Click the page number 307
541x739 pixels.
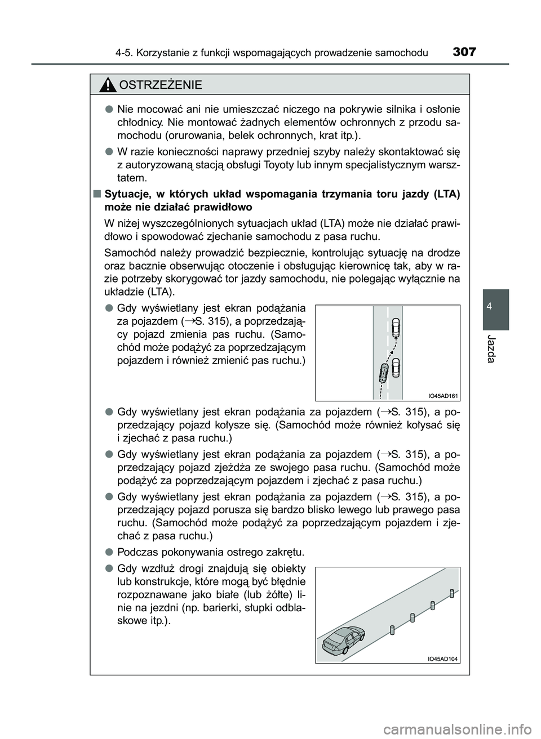(464, 52)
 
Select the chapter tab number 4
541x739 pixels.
(496, 306)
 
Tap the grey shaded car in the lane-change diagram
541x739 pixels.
(384, 373)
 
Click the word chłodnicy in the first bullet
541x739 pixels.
(138, 122)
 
